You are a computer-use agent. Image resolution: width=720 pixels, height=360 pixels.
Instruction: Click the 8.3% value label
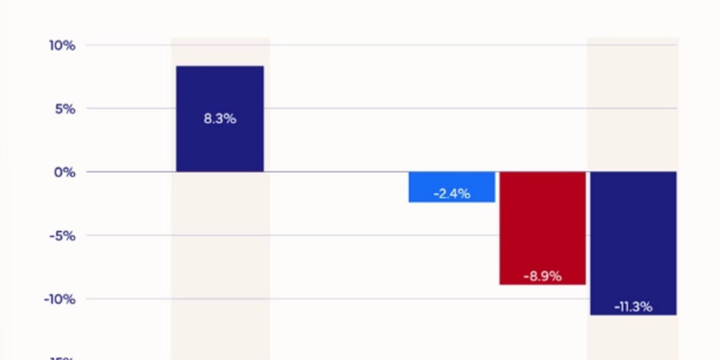click(x=220, y=119)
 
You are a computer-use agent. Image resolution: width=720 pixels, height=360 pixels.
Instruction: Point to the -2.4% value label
click(x=452, y=194)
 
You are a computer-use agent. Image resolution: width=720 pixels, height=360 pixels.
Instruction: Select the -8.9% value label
click(x=542, y=277)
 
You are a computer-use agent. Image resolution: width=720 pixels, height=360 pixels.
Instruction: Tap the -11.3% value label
click(x=634, y=307)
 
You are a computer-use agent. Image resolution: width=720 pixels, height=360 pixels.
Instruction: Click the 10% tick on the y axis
click(x=62, y=46)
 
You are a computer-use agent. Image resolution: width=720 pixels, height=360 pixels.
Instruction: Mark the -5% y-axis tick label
click(x=62, y=236)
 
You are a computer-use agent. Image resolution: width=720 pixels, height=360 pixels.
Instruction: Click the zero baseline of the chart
click(x=336, y=172)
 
